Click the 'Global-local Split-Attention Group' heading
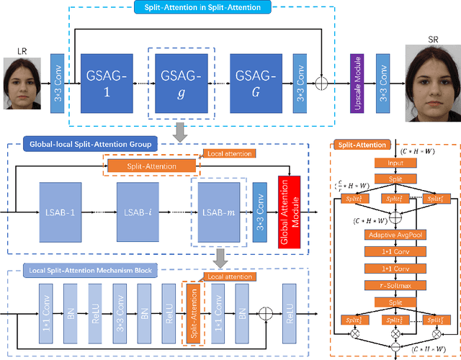[x=90, y=145]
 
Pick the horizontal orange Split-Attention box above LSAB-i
[x=151, y=166]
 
